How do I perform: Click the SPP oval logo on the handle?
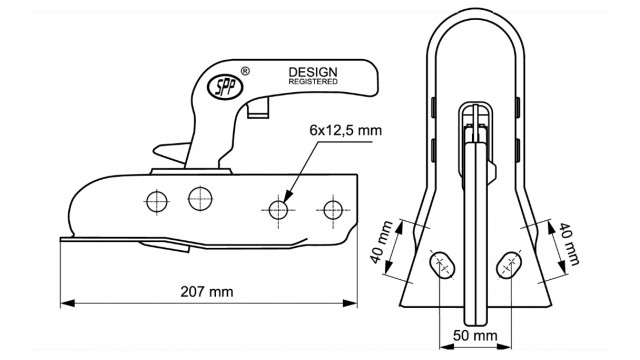click(x=225, y=87)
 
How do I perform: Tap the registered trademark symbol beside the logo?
click(x=245, y=71)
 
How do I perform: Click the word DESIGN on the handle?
click(x=313, y=72)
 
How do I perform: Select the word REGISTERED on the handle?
click(x=313, y=82)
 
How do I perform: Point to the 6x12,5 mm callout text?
click(x=346, y=130)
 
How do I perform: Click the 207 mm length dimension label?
click(x=207, y=292)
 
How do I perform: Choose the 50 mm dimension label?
click(x=476, y=336)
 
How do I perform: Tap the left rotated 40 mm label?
click(x=382, y=242)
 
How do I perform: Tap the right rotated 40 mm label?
click(x=569, y=244)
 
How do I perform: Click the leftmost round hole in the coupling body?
click(x=157, y=201)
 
